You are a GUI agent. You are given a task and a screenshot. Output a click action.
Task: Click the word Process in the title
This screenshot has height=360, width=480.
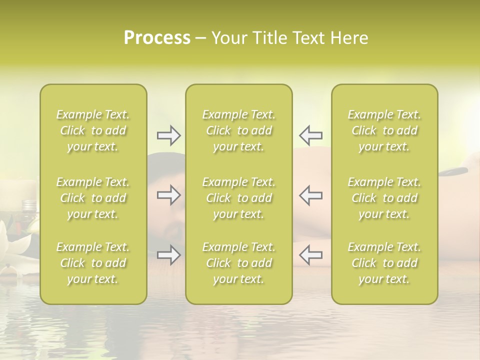click(157, 38)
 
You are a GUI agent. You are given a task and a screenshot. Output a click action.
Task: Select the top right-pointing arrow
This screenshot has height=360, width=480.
click(168, 135)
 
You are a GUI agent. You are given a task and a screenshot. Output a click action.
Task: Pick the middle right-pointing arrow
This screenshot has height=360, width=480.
click(168, 195)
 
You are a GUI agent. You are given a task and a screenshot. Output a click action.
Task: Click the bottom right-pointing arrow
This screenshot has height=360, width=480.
click(168, 255)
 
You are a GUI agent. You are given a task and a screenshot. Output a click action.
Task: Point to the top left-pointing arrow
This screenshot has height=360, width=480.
click(311, 135)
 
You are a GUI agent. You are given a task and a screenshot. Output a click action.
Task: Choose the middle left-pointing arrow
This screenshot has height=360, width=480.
click(311, 195)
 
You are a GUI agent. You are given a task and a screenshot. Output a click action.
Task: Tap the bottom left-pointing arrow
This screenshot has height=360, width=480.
click(311, 255)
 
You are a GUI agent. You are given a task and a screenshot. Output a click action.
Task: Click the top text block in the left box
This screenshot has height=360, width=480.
click(93, 130)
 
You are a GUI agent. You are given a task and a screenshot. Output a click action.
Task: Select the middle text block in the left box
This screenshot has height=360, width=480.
click(93, 198)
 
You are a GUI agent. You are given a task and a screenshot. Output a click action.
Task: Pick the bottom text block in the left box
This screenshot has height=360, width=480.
click(93, 263)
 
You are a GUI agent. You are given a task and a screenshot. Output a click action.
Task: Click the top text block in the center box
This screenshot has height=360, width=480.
click(239, 130)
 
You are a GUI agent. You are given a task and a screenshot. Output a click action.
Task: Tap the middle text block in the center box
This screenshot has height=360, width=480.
click(239, 198)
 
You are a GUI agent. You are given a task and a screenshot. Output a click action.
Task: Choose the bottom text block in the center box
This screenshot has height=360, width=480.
click(239, 263)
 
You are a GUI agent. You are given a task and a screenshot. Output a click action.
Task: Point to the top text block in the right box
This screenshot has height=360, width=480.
click(384, 130)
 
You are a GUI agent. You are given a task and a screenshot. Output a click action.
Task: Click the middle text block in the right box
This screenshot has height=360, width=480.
click(384, 198)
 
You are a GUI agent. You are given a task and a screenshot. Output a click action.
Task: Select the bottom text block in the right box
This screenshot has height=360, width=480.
click(384, 263)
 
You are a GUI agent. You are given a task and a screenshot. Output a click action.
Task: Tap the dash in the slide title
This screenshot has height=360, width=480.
click(200, 38)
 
